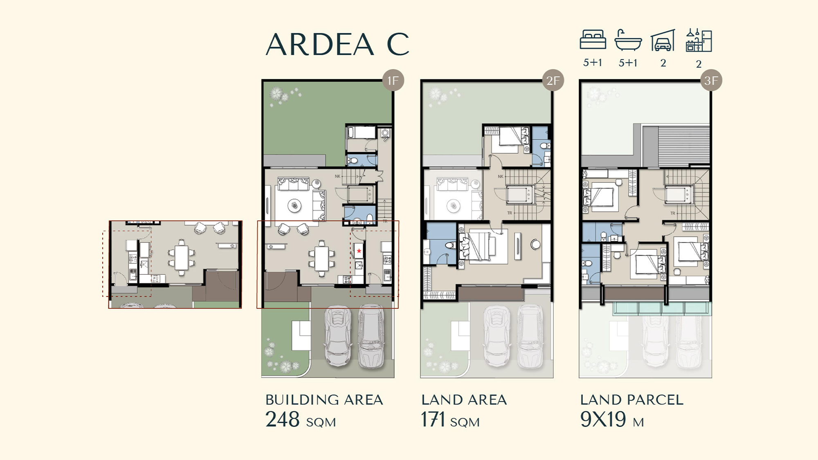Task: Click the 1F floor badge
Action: (x=393, y=81)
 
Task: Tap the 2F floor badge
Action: (x=553, y=81)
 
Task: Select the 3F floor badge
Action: (x=711, y=81)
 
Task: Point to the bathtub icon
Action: (x=628, y=40)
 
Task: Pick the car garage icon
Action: (x=663, y=40)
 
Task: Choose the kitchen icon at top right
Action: (x=699, y=40)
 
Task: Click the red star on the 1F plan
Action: (x=359, y=251)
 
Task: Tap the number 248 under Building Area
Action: (x=282, y=419)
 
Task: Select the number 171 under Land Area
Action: (x=433, y=419)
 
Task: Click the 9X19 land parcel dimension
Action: (x=603, y=419)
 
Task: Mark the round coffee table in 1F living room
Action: (x=294, y=206)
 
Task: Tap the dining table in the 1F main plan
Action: (x=321, y=259)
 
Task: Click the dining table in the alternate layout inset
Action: (x=182, y=257)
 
